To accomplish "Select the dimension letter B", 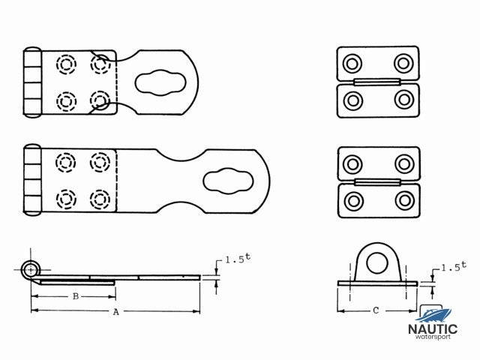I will point(75,296).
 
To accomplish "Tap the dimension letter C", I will point(375,310).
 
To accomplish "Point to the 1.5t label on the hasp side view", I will point(236,260).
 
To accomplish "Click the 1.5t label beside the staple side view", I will point(454,266).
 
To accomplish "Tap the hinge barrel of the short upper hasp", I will point(31,82).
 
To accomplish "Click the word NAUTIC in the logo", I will point(433,328).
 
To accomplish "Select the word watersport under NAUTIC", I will point(433,337).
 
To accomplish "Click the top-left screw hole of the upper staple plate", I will point(351,63).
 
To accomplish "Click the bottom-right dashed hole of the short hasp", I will point(99,99).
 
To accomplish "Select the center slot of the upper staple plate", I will point(376,80).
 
